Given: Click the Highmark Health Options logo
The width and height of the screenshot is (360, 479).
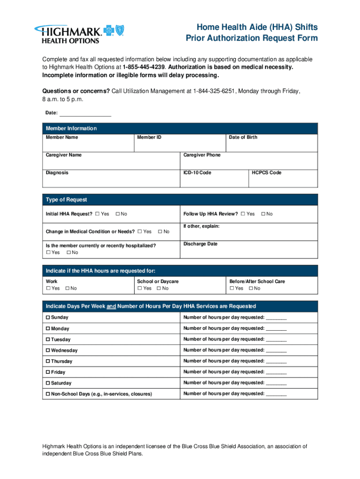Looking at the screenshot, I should (x=78, y=33).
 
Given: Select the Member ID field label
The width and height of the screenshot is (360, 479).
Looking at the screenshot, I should (x=149, y=138).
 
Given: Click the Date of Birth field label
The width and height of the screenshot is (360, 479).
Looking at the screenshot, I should (x=243, y=138).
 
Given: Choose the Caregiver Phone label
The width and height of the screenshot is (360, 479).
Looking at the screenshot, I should (x=202, y=155).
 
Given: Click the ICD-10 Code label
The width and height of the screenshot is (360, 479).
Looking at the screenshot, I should (x=197, y=173).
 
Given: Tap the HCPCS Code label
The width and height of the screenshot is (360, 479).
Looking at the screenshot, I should (x=266, y=173).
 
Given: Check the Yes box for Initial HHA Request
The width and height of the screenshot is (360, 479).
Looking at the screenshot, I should (x=97, y=214).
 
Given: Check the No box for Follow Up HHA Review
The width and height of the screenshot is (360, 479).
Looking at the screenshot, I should (x=263, y=214).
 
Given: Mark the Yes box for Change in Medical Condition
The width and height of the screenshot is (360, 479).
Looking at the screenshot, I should (x=140, y=232).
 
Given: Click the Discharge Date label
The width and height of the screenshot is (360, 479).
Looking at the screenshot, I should (x=200, y=244).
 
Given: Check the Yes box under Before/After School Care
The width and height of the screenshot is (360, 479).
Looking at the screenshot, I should (x=232, y=289).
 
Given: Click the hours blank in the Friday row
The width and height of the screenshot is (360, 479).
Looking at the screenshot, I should (x=276, y=373).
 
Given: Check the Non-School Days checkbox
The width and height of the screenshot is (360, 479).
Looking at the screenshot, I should (x=48, y=394).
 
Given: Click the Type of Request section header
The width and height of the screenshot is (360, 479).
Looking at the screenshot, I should (x=66, y=200).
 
